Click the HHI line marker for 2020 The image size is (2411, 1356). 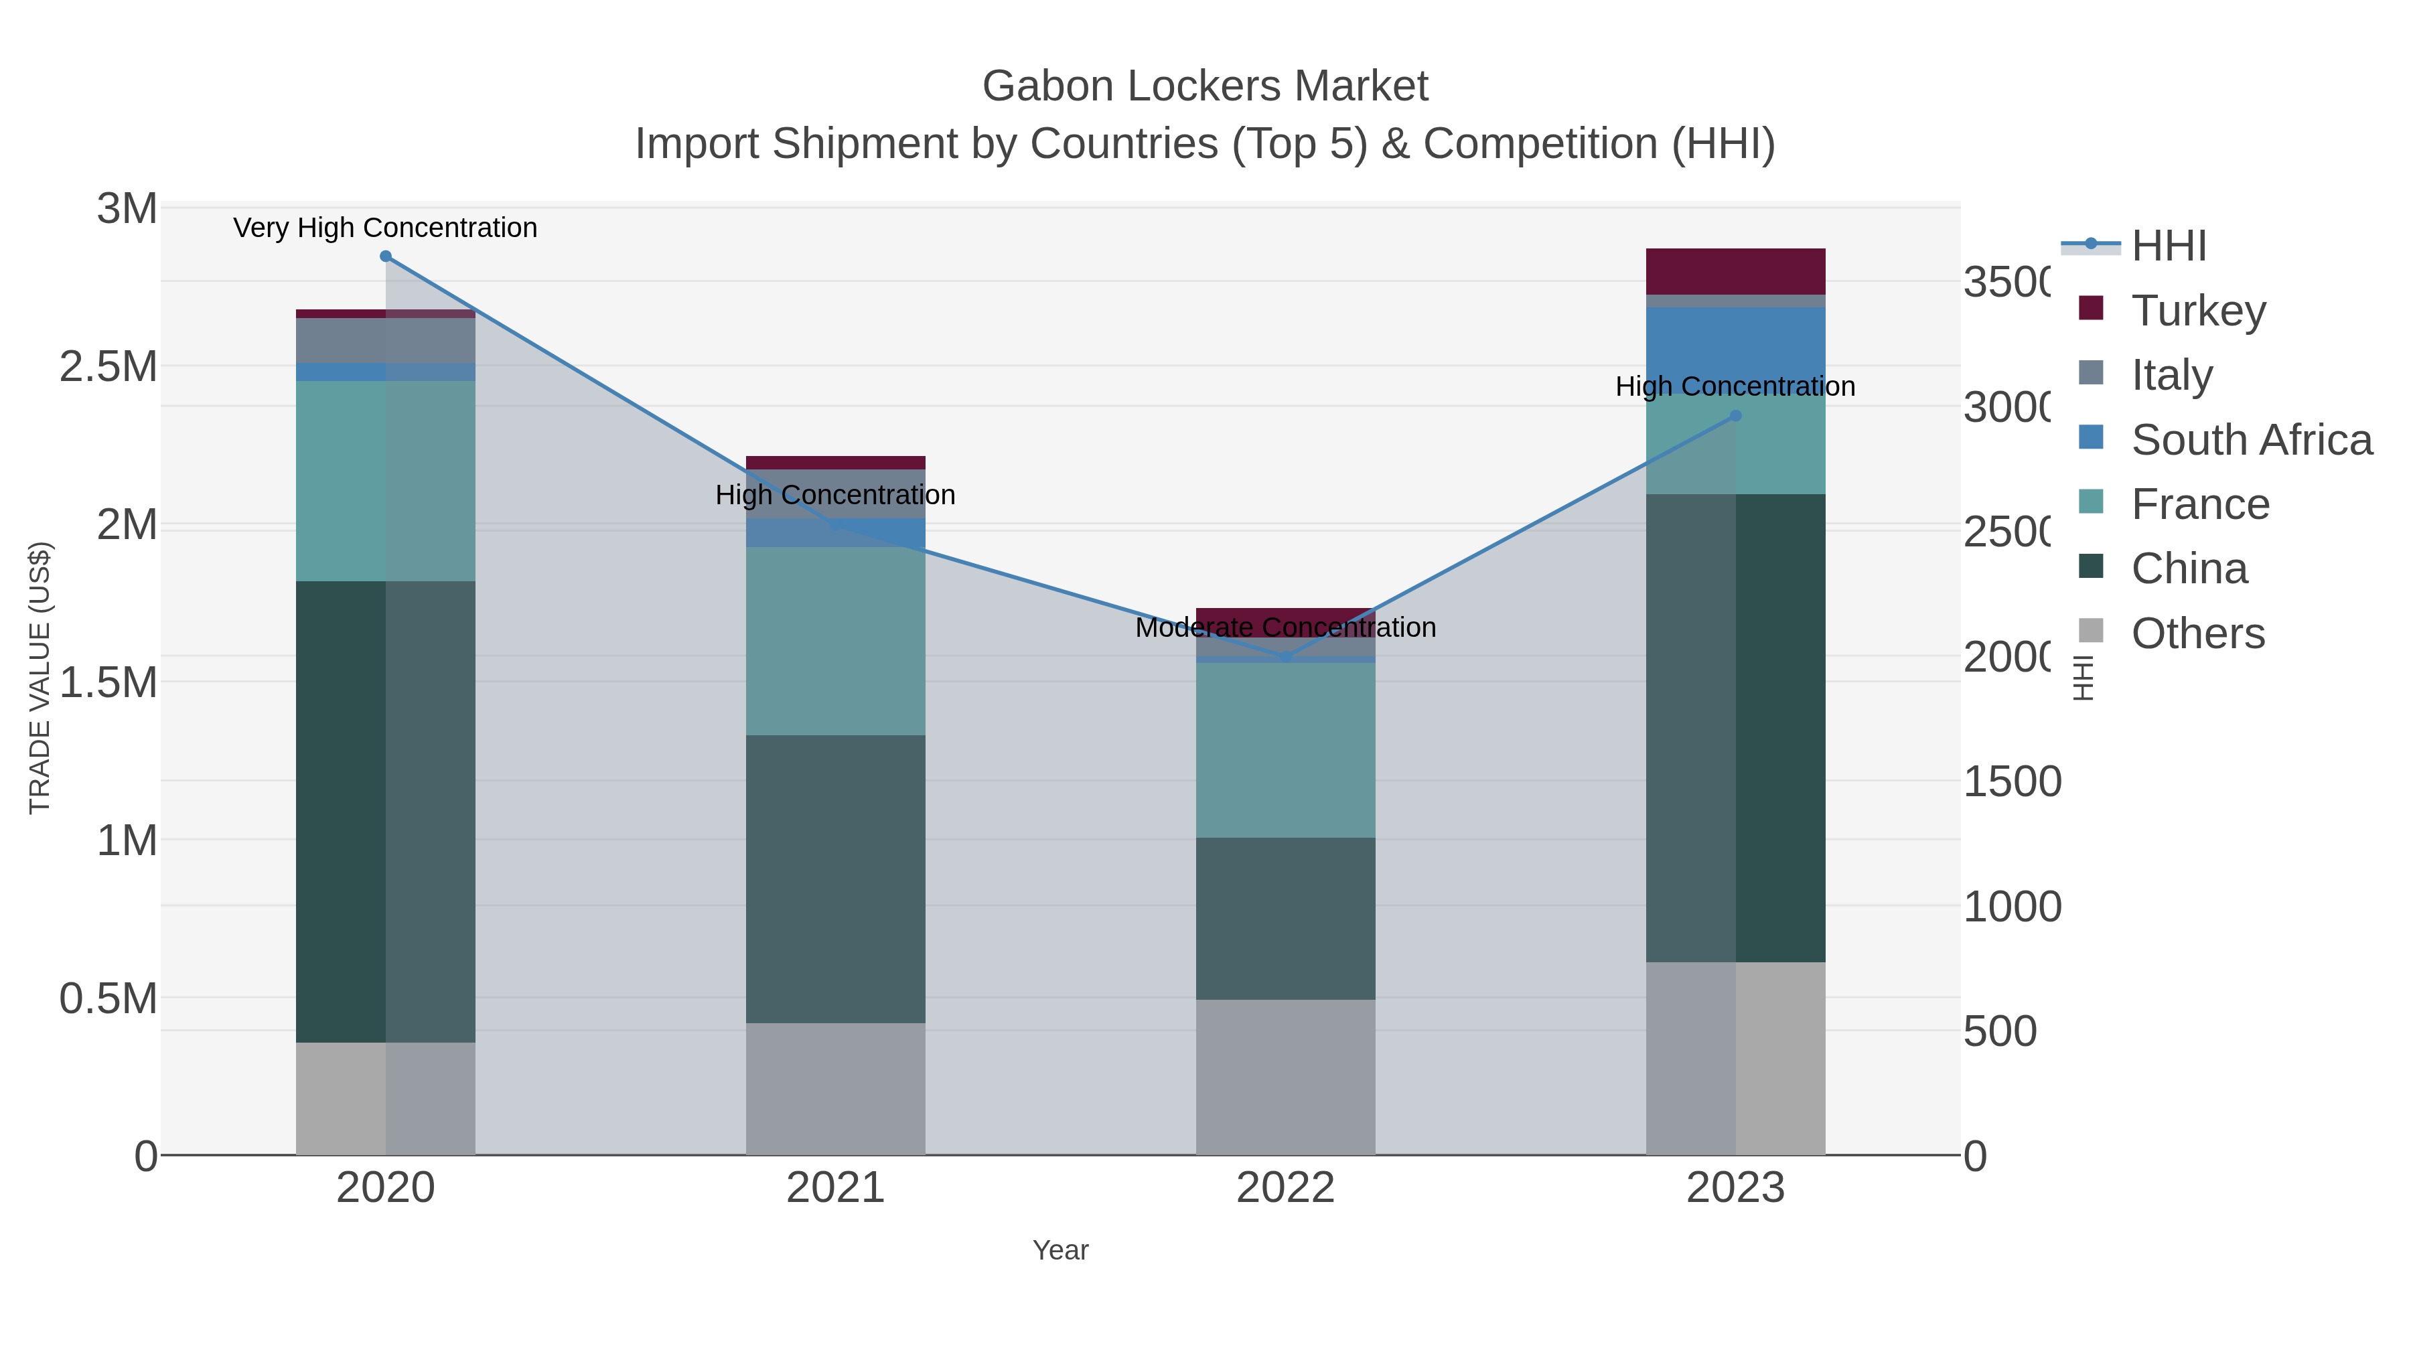point(386,256)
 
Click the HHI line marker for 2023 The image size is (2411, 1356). point(1735,415)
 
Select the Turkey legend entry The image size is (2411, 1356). point(2197,311)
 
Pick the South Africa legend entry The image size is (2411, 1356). point(2251,440)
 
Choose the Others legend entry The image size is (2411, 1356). point(2197,633)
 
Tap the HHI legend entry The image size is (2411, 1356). point(2169,246)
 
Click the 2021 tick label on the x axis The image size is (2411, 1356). point(835,1189)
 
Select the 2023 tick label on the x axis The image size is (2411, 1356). point(1735,1189)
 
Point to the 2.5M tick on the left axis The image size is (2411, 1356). point(108,367)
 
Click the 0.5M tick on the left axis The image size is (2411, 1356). point(108,998)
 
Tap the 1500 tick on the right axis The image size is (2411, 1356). point(2011,781)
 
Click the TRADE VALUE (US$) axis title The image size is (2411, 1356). point(40,678)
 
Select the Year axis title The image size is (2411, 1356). point(1060,1250)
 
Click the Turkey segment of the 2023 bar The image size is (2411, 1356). point(1735,271)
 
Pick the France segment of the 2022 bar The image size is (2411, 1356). point(1285,749)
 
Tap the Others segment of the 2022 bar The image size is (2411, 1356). point(1285,1076)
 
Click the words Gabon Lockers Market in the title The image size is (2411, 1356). point(1205,86)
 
